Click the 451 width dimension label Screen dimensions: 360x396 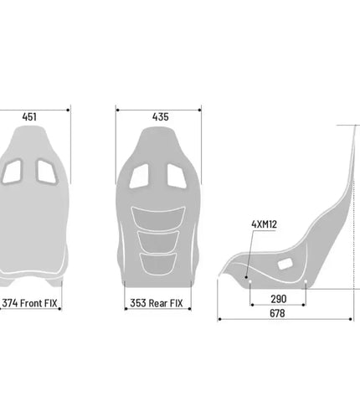pos(29,117)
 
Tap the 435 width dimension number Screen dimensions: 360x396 pos(161,117)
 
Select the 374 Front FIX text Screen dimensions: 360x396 pos(29,303)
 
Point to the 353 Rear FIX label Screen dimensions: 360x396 pos(157,303)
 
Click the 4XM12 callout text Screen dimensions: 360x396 pos(264,224)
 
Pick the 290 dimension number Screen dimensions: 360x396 pos(279,299)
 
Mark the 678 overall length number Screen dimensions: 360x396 pos(277,313)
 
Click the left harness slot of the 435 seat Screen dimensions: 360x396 pos(139,176)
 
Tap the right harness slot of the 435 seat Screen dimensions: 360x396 pos(177,176)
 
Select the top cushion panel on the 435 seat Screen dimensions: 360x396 pos(158,219)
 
